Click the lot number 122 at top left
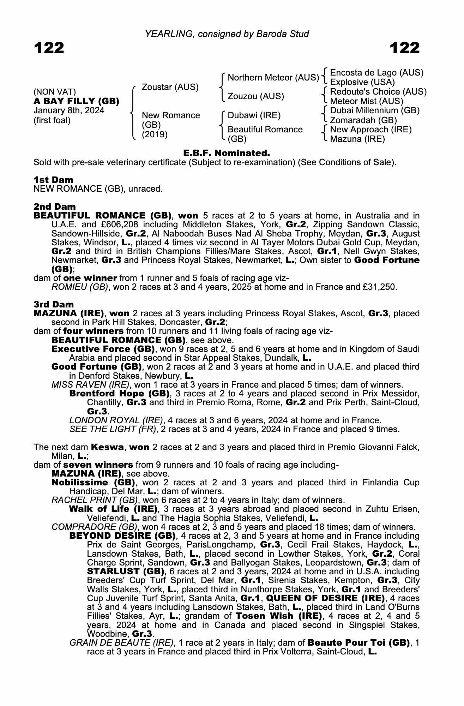(x=49, y=48)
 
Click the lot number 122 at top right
(x=405, y=48)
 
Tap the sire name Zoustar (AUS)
(x=170, y=87)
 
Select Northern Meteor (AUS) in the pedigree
(x=273, y=77)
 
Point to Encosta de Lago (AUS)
(x=376, y=73)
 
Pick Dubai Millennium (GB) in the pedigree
(x=375, y=110)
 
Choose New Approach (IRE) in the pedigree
(x=371, y=130)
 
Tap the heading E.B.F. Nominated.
(x=227, y=153)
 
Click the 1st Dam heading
(x=53, y=179)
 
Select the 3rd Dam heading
(x=54, y=304)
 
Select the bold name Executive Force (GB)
(x=103, y=349)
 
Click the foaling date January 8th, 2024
(x=69, y=110)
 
